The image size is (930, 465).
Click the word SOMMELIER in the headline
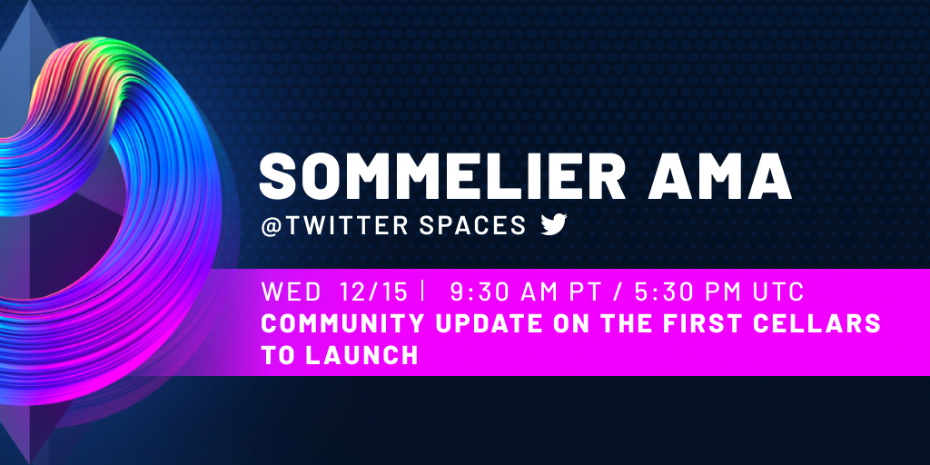(442, 175)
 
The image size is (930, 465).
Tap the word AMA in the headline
(719, 175)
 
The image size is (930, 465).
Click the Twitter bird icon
(554, 225)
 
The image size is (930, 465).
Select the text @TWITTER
(335, 225)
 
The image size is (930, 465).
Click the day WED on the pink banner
(292, 292)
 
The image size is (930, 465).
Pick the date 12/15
(374, 292)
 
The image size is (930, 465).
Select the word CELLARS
(822, 324)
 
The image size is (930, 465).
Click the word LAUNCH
(361, 355)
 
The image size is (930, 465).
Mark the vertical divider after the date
(423, 292)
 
